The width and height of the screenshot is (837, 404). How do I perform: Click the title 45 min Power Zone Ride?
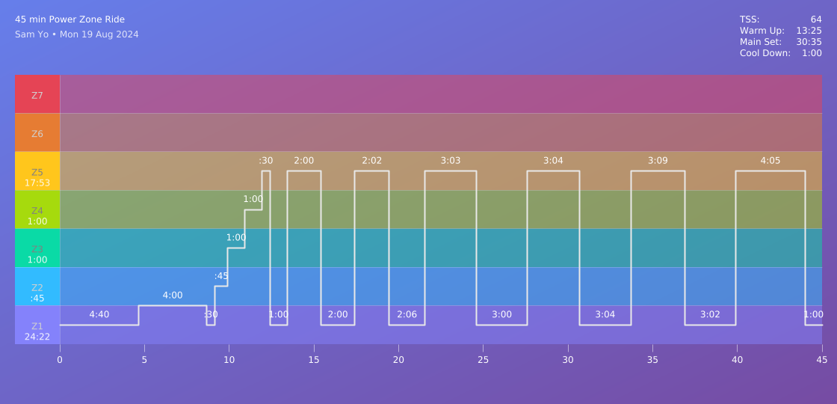70,19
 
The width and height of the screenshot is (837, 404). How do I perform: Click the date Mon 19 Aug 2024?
99,34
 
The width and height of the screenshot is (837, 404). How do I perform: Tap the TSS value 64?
816,19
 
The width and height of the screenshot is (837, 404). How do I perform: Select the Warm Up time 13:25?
809,31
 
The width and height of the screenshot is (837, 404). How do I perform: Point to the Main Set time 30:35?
809,42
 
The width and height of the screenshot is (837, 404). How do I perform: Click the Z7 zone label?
37,95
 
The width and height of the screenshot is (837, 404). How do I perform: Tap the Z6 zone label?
37,134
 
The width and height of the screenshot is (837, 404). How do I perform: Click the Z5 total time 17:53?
37,183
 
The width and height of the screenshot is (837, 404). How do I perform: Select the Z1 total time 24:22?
37,337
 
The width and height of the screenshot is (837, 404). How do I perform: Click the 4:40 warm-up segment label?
99,314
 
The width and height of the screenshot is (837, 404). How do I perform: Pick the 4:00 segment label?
173,296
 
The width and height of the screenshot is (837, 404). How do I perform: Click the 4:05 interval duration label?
770,161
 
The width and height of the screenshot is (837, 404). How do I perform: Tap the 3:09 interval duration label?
658,161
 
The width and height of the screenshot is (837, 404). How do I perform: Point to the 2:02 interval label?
371,161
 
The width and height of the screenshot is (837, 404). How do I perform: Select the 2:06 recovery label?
407,314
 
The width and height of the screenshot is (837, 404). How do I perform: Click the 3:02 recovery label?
710,314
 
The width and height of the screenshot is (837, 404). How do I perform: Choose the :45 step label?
221,276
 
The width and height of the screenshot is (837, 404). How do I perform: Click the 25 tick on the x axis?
483,359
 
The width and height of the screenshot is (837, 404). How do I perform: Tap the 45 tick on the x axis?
821,359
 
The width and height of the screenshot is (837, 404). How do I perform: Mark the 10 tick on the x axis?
229,359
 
